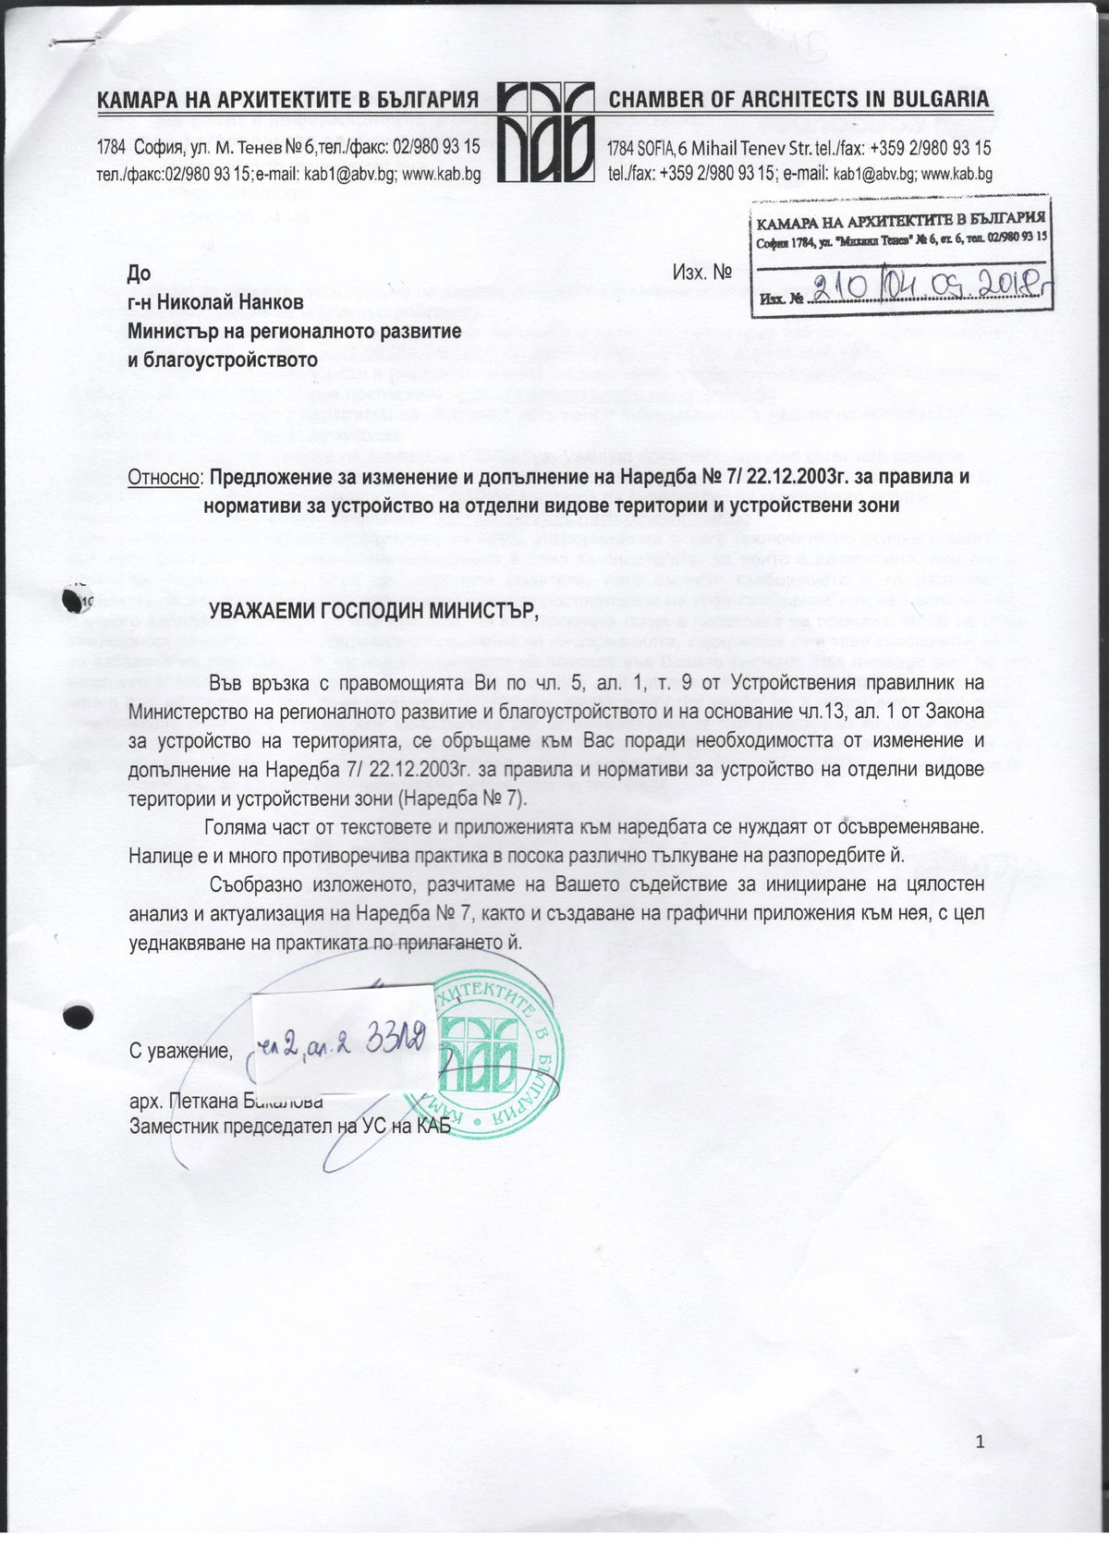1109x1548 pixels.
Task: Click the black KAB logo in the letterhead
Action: (x=544, y=131)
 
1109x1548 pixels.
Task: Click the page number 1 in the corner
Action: (x=981, y=1442)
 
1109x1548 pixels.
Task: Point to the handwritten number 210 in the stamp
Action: (x=841, y=287)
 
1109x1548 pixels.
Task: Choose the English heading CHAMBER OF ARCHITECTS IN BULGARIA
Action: (x=798, y=100)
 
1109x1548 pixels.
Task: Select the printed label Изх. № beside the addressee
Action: (x=702, y=274)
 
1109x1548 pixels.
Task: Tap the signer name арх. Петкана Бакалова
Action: (x=225, y=1101)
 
